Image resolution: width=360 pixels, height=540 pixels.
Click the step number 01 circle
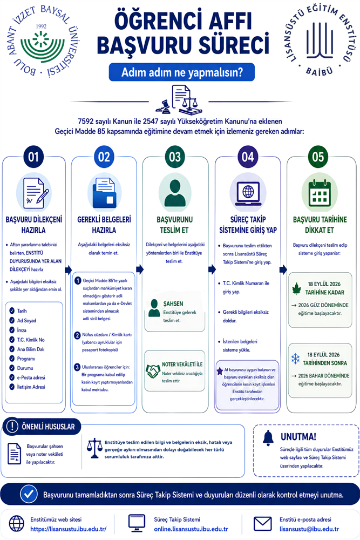pos(33,157)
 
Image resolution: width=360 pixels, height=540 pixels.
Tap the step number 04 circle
pos(248,157)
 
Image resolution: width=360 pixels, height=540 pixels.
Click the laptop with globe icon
pos(248,194)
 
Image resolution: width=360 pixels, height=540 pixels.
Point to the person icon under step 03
pos(175,193)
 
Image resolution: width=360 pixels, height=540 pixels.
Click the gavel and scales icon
pos(179,100)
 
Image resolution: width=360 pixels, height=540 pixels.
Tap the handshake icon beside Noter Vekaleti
pos(153,372)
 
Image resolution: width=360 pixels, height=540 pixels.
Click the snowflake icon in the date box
pos(296,359)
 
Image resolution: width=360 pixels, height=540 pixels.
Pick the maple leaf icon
pos(296,288)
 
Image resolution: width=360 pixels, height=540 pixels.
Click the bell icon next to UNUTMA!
pos(268,438)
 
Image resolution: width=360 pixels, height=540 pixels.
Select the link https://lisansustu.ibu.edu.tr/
pos(68,529)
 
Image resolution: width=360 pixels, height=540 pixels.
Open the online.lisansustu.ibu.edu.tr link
pos(191,529)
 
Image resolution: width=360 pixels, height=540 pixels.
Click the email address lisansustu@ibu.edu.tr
pos(309,529)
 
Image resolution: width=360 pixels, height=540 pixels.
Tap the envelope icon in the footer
pos(263,524)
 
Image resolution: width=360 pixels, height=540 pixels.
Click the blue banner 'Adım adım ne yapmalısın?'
pos(182,72)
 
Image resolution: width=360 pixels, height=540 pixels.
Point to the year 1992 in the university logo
pos(41,26)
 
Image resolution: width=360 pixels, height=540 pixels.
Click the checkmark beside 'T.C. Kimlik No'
pos(12,340)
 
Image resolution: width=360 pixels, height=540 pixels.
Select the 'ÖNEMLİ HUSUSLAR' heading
pos(48,427)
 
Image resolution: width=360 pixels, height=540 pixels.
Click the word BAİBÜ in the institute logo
pos(320,72)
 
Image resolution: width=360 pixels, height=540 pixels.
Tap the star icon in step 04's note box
pos(220,371)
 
